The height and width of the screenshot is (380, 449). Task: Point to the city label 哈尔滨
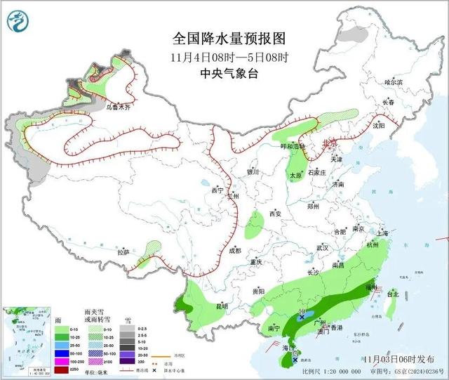point(394,83)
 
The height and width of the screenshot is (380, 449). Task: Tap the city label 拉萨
point(123,252)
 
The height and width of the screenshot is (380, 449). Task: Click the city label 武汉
point(323,248)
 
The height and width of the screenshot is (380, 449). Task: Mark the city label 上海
point(382,233)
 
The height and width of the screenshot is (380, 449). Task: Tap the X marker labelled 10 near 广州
point(302,317)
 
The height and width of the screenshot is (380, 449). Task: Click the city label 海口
point(287,348)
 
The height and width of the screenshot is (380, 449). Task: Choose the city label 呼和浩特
point(294,146)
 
